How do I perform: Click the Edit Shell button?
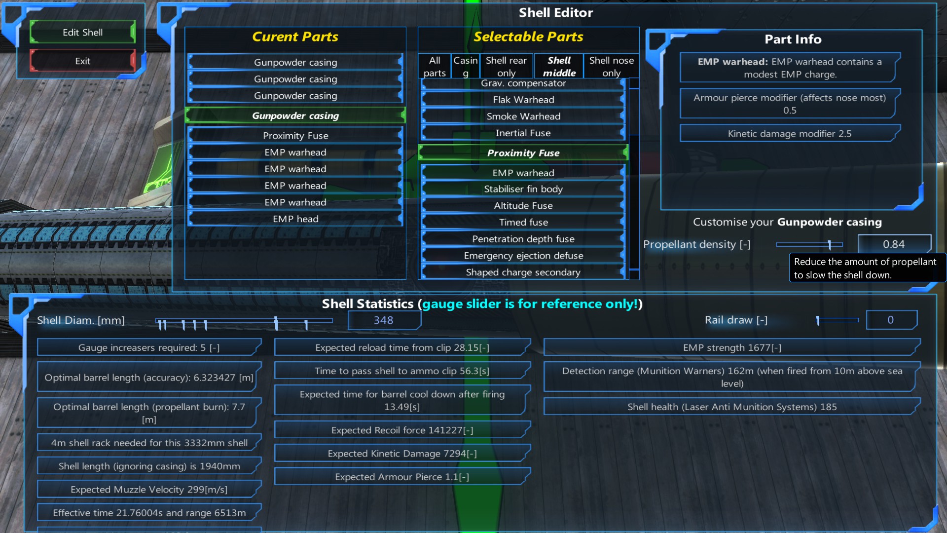[82, 33]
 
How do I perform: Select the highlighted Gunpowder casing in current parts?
[295, 115]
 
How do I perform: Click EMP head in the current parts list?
[295, 219]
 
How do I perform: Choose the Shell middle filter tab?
[559, 66]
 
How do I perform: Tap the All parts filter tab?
[434, 66]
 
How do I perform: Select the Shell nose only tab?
[611, 66]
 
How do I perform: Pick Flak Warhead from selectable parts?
[523, 100]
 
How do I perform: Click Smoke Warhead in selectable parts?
[523, 116]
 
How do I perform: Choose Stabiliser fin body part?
[523, 189]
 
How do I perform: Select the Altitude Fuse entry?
[523, 206]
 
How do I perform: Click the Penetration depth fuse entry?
[523, 239]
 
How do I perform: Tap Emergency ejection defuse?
[523, 256]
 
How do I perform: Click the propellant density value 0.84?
[894, 244]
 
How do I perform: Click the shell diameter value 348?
[384, 320]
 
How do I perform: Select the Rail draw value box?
[891, 320]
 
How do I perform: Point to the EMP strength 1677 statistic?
[732, 347]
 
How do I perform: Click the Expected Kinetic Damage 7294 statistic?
[402, 454]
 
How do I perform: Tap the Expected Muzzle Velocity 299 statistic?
[148, 490]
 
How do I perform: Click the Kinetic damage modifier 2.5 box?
[789, 134]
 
